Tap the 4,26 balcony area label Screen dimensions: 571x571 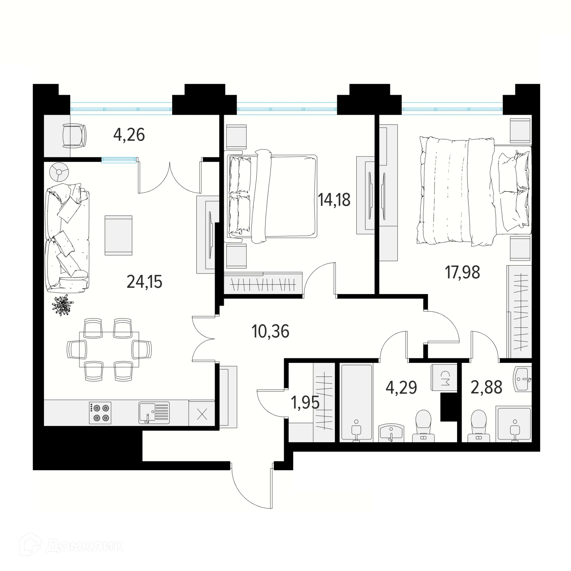pyautogui.click(x=129, y=135)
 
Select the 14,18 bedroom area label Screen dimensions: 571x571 pyautogui.click(x=334, y=200)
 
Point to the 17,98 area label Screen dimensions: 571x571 pyautogui.click(x=462, y=272)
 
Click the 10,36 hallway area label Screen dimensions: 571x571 pyautogui.click(x=270, y=331)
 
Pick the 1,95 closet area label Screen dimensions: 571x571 pyautogui.click(x=305, y=403)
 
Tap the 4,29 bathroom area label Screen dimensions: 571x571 pyautogui.click(x=401, y=387)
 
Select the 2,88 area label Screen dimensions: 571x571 pyautogui.click(x=486, y=387)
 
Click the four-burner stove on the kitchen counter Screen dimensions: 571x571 pyautogui.click(x=100, y=413)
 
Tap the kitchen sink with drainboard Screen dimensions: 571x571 pyautogui.click(x=154, y=413)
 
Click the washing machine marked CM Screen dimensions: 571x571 pyautogui.click(x=444, y=377)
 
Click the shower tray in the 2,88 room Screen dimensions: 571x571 pyautogui.click(x=513, y=423)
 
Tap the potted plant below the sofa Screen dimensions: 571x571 pyautogui.click(x=62, y=305)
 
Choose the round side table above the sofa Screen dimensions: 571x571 pyautogui.click(x=59, y=172)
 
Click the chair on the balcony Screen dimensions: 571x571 pyautogui.click(x=74, y=136)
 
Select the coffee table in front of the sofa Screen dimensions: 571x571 pyautogui.click(x=118, y=235)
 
